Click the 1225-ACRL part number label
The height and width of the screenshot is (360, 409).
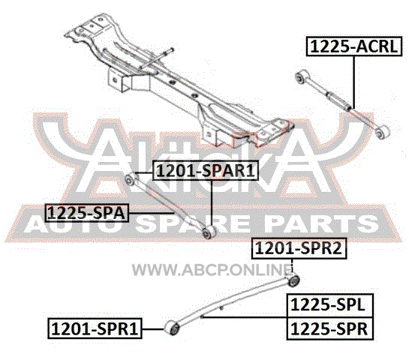point(354,46)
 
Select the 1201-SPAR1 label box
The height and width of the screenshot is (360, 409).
point(206,171)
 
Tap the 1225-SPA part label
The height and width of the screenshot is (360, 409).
point(86,213)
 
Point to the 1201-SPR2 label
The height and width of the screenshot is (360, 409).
point(299,248)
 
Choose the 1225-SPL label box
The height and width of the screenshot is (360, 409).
point(330,305)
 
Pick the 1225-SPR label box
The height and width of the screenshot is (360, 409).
point(330,328)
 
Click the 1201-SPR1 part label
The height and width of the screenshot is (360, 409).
point(95,328)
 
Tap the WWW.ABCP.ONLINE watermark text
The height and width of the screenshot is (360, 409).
point(212,269)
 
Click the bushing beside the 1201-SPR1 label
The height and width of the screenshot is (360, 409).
point(172,328)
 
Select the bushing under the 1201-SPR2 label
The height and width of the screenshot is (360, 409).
point(293,280)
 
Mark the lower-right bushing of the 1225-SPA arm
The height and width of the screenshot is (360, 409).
point(209,232)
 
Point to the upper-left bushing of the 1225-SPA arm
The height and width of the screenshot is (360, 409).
point(130,179)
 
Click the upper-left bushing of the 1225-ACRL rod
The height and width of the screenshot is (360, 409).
point(302,76)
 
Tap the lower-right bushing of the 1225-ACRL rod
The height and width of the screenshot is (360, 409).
point(383,132)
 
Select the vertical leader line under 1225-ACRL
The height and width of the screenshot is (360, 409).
point(353,82)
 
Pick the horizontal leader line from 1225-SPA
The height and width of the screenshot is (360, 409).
point(152,213)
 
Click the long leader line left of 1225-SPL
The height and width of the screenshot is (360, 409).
point(245,317)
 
